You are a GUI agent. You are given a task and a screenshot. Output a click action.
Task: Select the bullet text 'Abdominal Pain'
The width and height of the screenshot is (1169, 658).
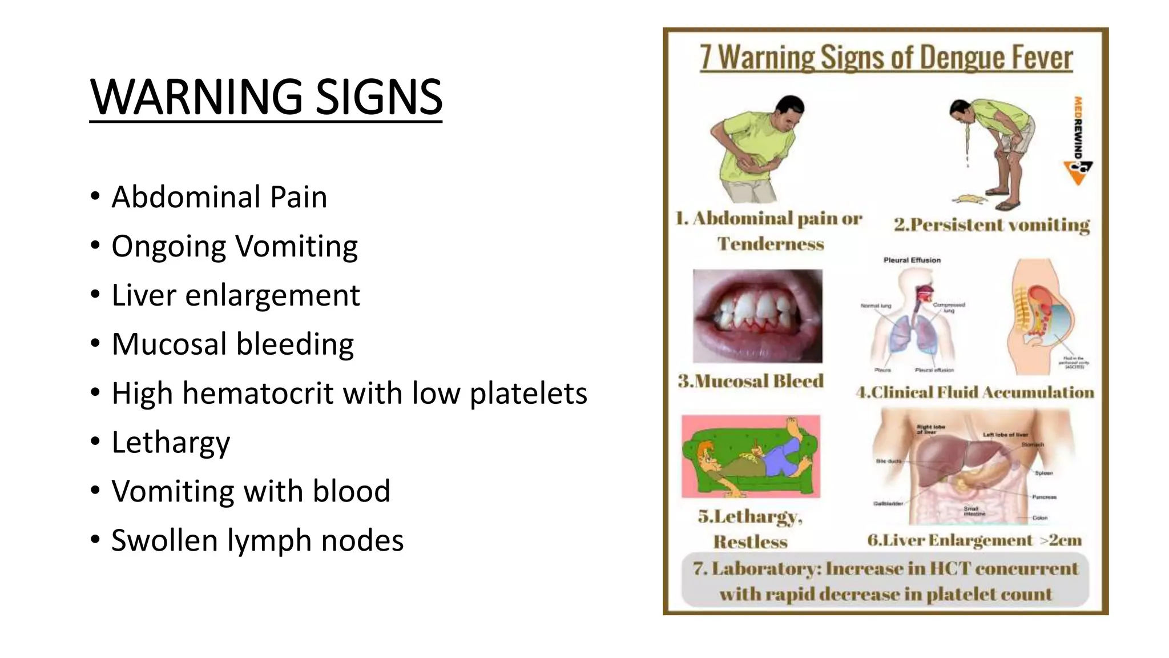(x=219, y=197)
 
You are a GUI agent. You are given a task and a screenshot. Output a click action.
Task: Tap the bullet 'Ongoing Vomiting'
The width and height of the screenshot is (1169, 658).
(x=234, y=246)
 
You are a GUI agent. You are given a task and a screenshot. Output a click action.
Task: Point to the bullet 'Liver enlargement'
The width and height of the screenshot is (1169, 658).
(x=235, y=295)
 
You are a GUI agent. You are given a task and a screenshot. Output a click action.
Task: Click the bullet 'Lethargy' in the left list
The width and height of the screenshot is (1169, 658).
(x=171, y=443)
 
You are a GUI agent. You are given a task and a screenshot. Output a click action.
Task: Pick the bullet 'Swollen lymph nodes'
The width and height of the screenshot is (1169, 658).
(x=257, y=540)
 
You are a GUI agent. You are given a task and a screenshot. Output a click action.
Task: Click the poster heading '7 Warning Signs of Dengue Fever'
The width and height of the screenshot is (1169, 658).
(x=886, y=58)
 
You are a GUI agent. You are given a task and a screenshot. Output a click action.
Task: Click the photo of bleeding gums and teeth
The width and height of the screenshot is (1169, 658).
(x=757, y=316)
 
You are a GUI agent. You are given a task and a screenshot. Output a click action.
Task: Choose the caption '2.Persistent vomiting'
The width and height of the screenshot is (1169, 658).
(x=991, y=225)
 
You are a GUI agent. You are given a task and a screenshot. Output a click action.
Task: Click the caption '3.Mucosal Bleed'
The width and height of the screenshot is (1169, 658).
(x=751, y=381)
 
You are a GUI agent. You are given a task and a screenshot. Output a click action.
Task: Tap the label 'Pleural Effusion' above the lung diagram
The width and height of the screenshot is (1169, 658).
(x=912, y=260)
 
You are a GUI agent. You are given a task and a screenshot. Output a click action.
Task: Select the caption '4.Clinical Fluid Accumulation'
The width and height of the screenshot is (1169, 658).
(x=975, y=392)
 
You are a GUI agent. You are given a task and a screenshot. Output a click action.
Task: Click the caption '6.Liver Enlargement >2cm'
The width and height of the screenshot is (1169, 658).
(x=974, y=540)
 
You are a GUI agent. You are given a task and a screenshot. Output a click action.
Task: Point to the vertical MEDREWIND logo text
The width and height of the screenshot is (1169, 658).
(x=1078, y=128)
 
